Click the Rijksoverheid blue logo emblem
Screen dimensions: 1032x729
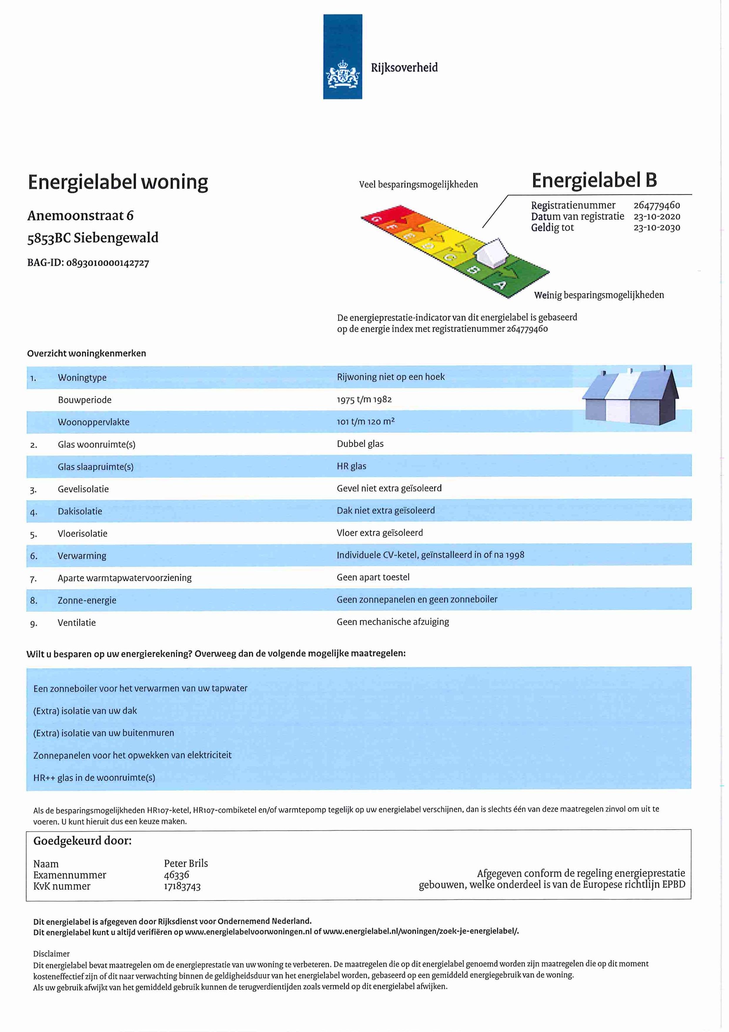[342, 57]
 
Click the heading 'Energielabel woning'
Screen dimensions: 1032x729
[118, 182]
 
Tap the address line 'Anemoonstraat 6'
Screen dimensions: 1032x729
[80, 216]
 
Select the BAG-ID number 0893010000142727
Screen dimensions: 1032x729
[108, 263]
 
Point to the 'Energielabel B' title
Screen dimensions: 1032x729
[594, 181]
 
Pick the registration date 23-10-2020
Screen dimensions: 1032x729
[657, 217]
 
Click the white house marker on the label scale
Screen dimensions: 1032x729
[491, 254]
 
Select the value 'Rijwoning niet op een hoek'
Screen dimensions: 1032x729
[390, 377]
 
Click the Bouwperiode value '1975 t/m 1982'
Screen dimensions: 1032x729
[364, 400]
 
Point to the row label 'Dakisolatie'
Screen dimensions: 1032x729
[80, 511]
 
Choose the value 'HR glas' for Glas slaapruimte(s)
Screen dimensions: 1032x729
[351, 467]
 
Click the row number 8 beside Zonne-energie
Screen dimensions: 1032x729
[33, 601]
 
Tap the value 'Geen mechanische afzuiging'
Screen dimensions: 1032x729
[393, 622]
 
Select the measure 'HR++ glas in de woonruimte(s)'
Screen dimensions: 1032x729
[94, 778]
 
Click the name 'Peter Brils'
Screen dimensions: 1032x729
[186, 863]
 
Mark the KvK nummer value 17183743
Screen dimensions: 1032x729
[182, 886]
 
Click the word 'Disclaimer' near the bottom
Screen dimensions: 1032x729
[51, 954]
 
